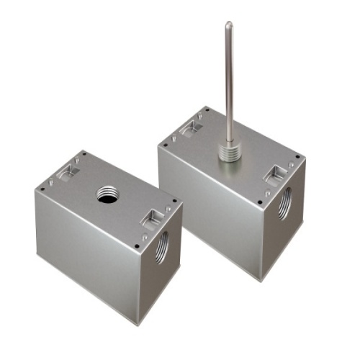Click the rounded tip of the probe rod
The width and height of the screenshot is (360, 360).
point(228,25)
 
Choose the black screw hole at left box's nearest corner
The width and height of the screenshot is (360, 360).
point(137,246)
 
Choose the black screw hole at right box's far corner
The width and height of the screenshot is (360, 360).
point(207,110)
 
